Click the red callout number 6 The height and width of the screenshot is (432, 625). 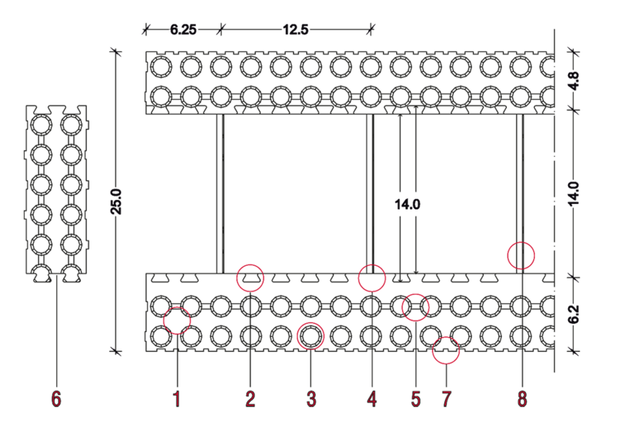56,399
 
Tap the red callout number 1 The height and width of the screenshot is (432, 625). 176,399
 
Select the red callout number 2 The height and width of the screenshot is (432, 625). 250,399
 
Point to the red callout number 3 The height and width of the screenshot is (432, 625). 311,399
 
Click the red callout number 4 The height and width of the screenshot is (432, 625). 372,399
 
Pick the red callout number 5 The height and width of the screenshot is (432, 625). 415,399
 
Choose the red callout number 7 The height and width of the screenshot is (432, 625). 446,399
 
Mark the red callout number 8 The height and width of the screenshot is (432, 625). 522,399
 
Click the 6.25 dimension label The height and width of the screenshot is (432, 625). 184,30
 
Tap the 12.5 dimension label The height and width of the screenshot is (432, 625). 295,30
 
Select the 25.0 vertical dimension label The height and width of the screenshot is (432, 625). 117,202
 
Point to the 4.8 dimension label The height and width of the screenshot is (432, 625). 574,81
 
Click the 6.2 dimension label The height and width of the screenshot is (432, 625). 574,314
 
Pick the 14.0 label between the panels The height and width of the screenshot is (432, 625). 408,205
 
